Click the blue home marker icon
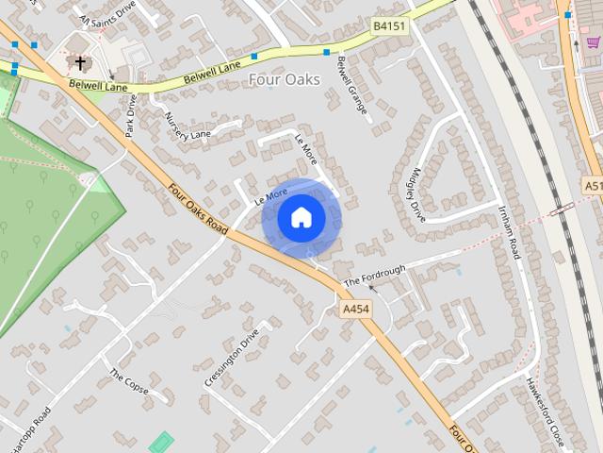(x=301, y=218)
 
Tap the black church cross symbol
(x=80, y=63)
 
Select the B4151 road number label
(x=389, y=26)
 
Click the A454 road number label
(x=356, y=309)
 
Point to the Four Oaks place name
(x=285, y=80)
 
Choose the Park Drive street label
(x=132, y=114)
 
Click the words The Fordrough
(x=375, y=276)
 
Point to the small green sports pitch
(x=161, y=441)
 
